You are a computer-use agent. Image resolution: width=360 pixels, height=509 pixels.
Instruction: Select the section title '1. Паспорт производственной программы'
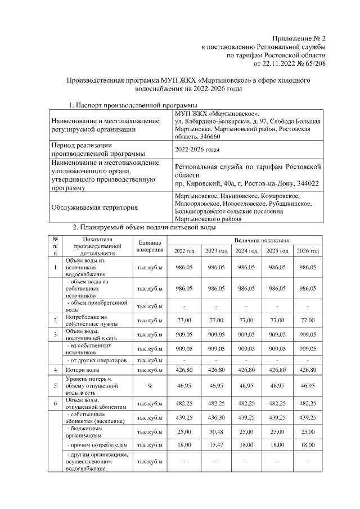pyautogui.click(x=132, y=105)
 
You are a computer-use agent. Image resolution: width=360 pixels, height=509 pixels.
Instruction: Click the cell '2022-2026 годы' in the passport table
pyautogui.click(x=197, y=149)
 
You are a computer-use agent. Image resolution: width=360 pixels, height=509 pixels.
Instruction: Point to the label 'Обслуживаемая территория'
pyautogui.click(x=94, y=207)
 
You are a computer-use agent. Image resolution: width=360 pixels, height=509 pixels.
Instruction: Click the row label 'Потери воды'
pyautogui.click(x=83, y=370)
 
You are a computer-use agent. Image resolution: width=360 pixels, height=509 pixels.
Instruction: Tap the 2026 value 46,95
pyautogui.click(x=308, y=387)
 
